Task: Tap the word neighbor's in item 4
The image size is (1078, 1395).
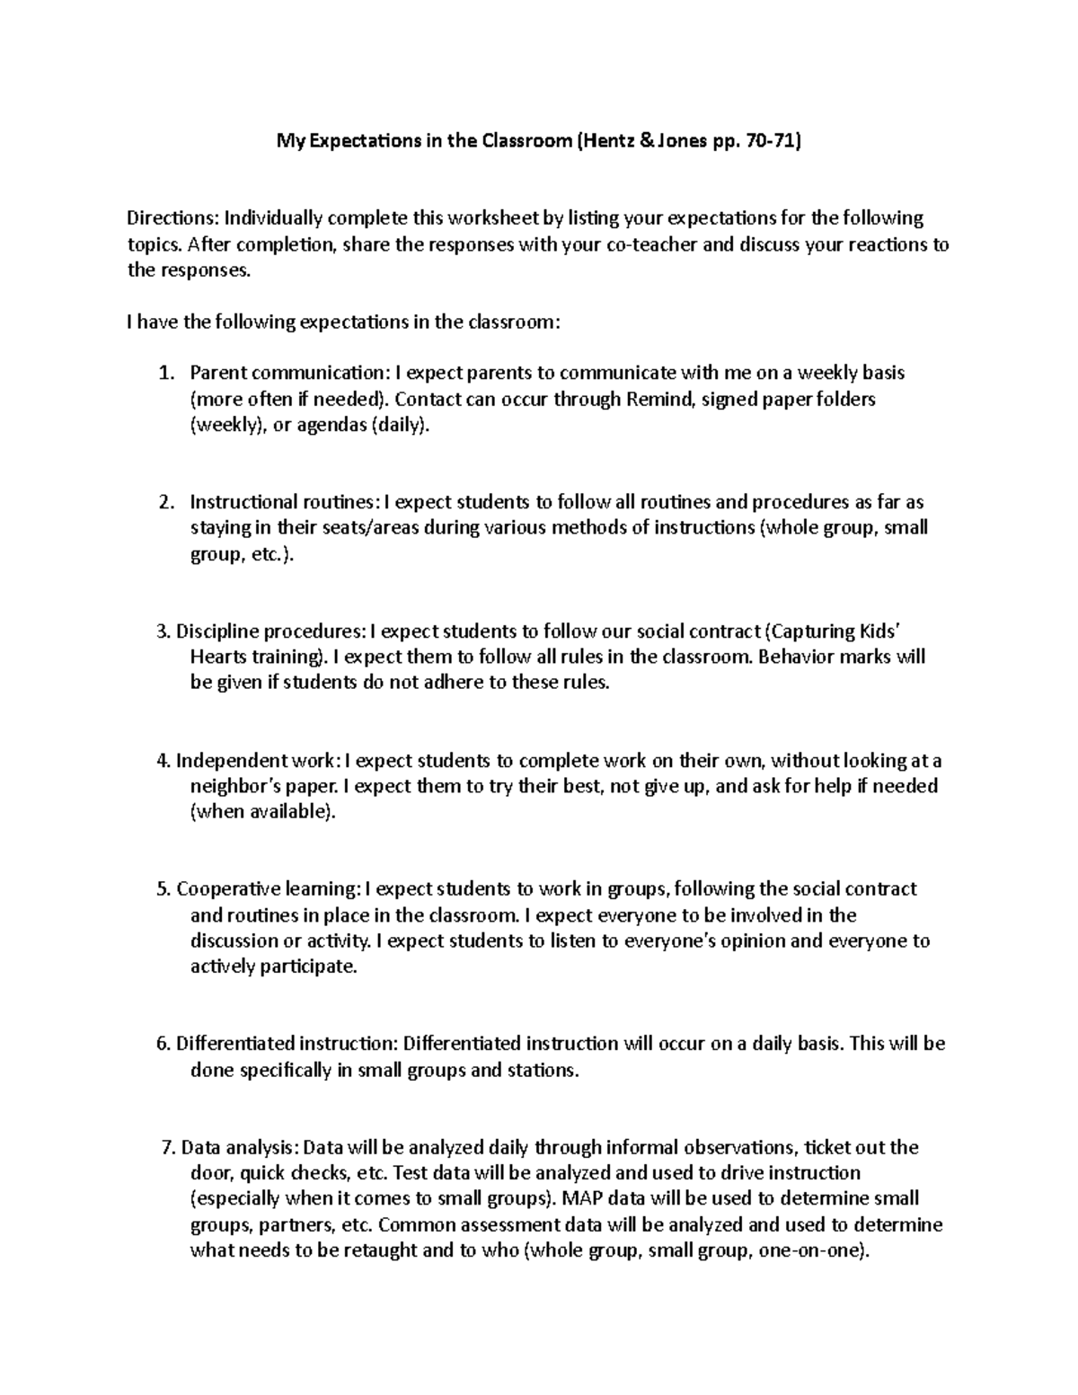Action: tap(228, 787)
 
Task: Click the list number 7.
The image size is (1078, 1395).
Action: tap(166, 1147)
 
